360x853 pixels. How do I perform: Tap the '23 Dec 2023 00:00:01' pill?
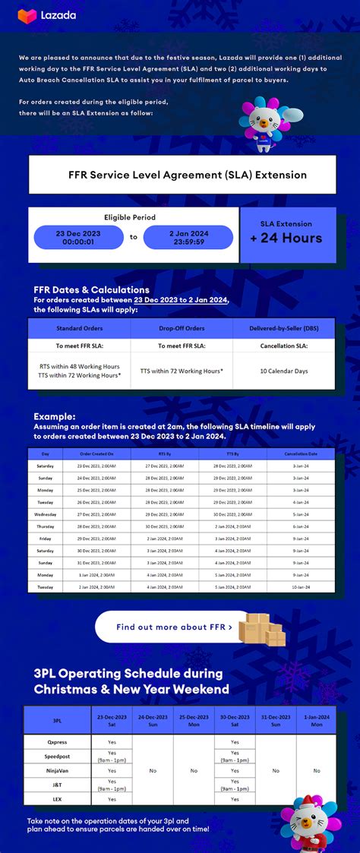pyautogui.click(x=78, y=238)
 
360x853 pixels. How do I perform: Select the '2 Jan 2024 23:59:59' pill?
pyautogui.click(x=188, y=238)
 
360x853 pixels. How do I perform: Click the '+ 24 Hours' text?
pyautogui.click(x=286, y=238)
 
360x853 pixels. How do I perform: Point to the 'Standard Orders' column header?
pyautogui.click(x=79, y=328)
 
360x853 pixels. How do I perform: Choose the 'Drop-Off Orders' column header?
pyautogui.click(x=182, y=328)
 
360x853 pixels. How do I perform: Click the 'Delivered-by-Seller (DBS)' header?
pyautogui.click(x=283, y=328)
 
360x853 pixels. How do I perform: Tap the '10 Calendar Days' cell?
pyautogui.click(x=283, y=371)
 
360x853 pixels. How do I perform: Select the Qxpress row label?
pyautogui.click(x=57, y=742)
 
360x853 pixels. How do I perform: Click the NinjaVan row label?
pyautogui.click(x=57, y=770)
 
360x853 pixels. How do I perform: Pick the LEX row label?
pyautogui.click(x=57, y=799)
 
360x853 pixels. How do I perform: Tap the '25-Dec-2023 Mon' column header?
pyautogui.click(x=194, y=720)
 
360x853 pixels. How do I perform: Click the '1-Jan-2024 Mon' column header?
pyautogui.click(x=316, y=720)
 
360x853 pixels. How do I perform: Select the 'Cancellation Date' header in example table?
pyautogui.click(x=301, y=453)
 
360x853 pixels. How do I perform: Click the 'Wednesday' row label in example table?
pyautogui.click(x=46, y=513)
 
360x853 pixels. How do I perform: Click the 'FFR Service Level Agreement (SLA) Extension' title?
pyautogui.click(x=182, y=175)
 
